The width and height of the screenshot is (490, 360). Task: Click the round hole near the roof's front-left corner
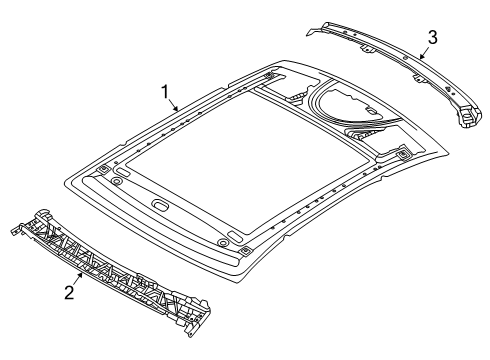117,181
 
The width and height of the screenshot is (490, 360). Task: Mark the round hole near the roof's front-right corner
219,242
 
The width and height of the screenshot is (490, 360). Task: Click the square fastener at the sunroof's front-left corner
104,169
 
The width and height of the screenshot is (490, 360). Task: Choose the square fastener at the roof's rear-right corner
401,152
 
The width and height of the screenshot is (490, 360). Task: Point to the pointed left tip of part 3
312,30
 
